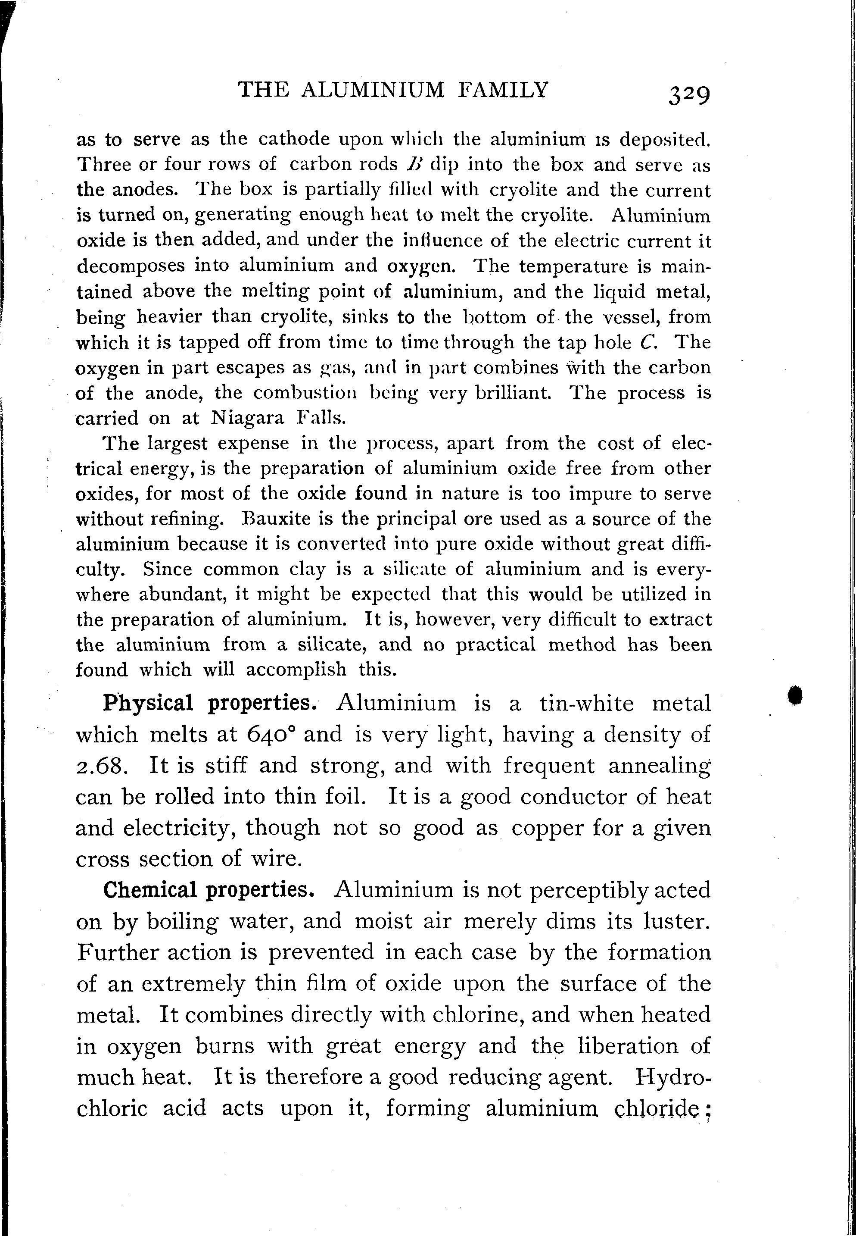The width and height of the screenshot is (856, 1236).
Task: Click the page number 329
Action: [x=689, y=96]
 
